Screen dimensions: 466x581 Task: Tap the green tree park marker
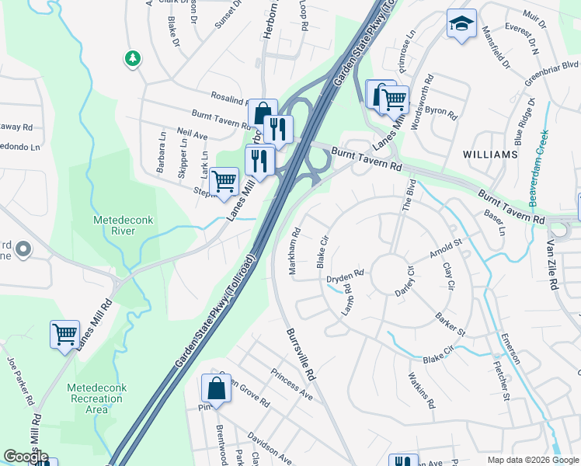(x=133, y=58)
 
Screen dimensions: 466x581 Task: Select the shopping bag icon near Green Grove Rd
(x=216, y=388)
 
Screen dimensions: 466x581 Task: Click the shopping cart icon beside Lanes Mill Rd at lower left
(x=64, y=335)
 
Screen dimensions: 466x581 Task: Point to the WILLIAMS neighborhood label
(x=489, y=155)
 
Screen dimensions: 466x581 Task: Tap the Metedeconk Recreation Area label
(x=95, y=398)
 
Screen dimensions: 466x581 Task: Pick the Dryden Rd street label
(x=346, y=276)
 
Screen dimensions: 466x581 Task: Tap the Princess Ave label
(x=291, y=384)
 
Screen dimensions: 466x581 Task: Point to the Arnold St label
(x=446, y=250)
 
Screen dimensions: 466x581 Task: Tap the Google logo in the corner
(x=26, y=457)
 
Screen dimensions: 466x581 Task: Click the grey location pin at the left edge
(x=23, y=249)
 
